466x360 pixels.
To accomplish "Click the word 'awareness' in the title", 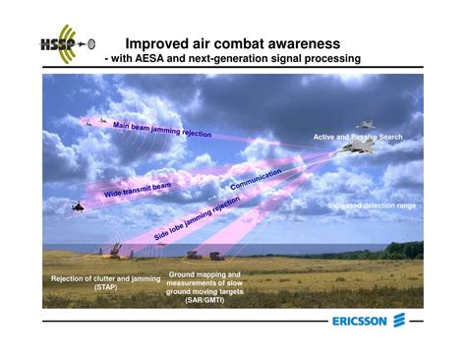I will (x=296, y=43).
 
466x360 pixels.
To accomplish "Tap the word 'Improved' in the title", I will (x=162, y=43).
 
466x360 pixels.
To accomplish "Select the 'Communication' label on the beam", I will (x=256, y=180).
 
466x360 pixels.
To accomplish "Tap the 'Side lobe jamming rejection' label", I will (x=197, y=219).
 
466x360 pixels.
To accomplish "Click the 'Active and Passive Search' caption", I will (x=357, y=137).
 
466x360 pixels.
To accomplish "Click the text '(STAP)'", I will (x=105, y=288).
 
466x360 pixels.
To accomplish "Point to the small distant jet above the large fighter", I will (x=365, y=125).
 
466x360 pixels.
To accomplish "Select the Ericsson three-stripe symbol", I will (x=399, y=321).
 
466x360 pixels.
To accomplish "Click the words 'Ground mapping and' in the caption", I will (x=205, y=274).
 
